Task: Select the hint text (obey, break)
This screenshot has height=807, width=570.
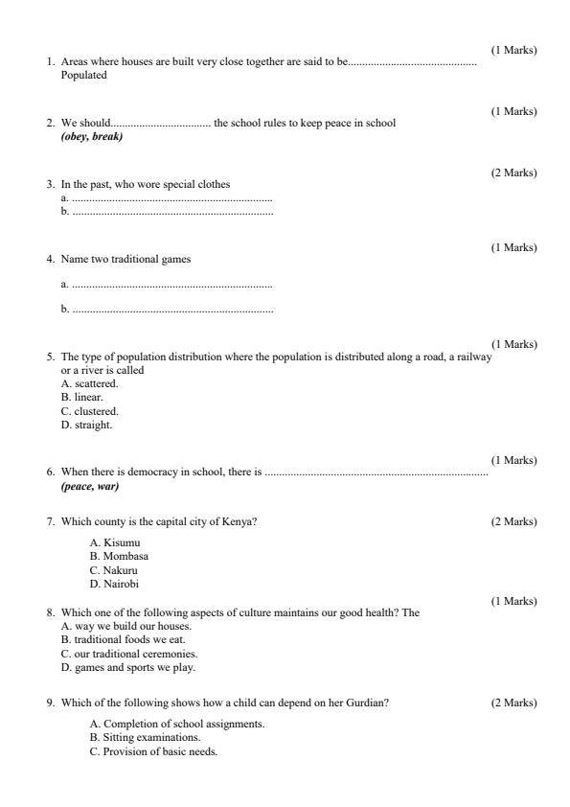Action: pyautogui.click(x=91, y=136)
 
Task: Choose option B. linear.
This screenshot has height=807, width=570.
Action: pyautogui.click(x=81, y=396)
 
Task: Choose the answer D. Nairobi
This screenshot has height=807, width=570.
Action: pyautogui.click(x=114, y=584)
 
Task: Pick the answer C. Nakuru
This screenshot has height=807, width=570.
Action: pyautogui.click(x=114, y=569)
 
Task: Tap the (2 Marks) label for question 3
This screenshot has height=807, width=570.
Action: pyautogui.click(x=513, y=173)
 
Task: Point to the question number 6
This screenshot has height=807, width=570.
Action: pyautogui.click(x=51, y=473)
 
